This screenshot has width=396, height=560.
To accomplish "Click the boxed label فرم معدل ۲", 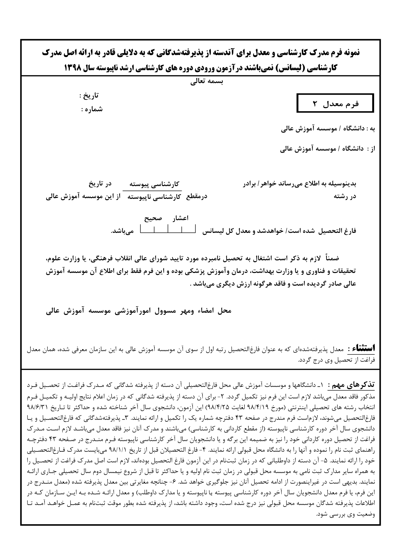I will pyautogui.click(x=335, y=104).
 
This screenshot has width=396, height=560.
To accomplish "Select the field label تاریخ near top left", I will pyautogui.click(x=90, y=96).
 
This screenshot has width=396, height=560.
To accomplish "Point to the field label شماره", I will pyautogui.click(x=92, y=109).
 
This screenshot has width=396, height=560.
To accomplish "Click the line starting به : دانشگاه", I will pyautogui.click(x=328, y=129).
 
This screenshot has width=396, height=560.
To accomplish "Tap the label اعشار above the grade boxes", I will pyautogui.click(x=180, y=218).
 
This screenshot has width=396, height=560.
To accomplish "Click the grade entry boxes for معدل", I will pyautogui.click(x=168, y=230).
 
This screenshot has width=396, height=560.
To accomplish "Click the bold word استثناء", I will pyautogui.click(x=361, y=348).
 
